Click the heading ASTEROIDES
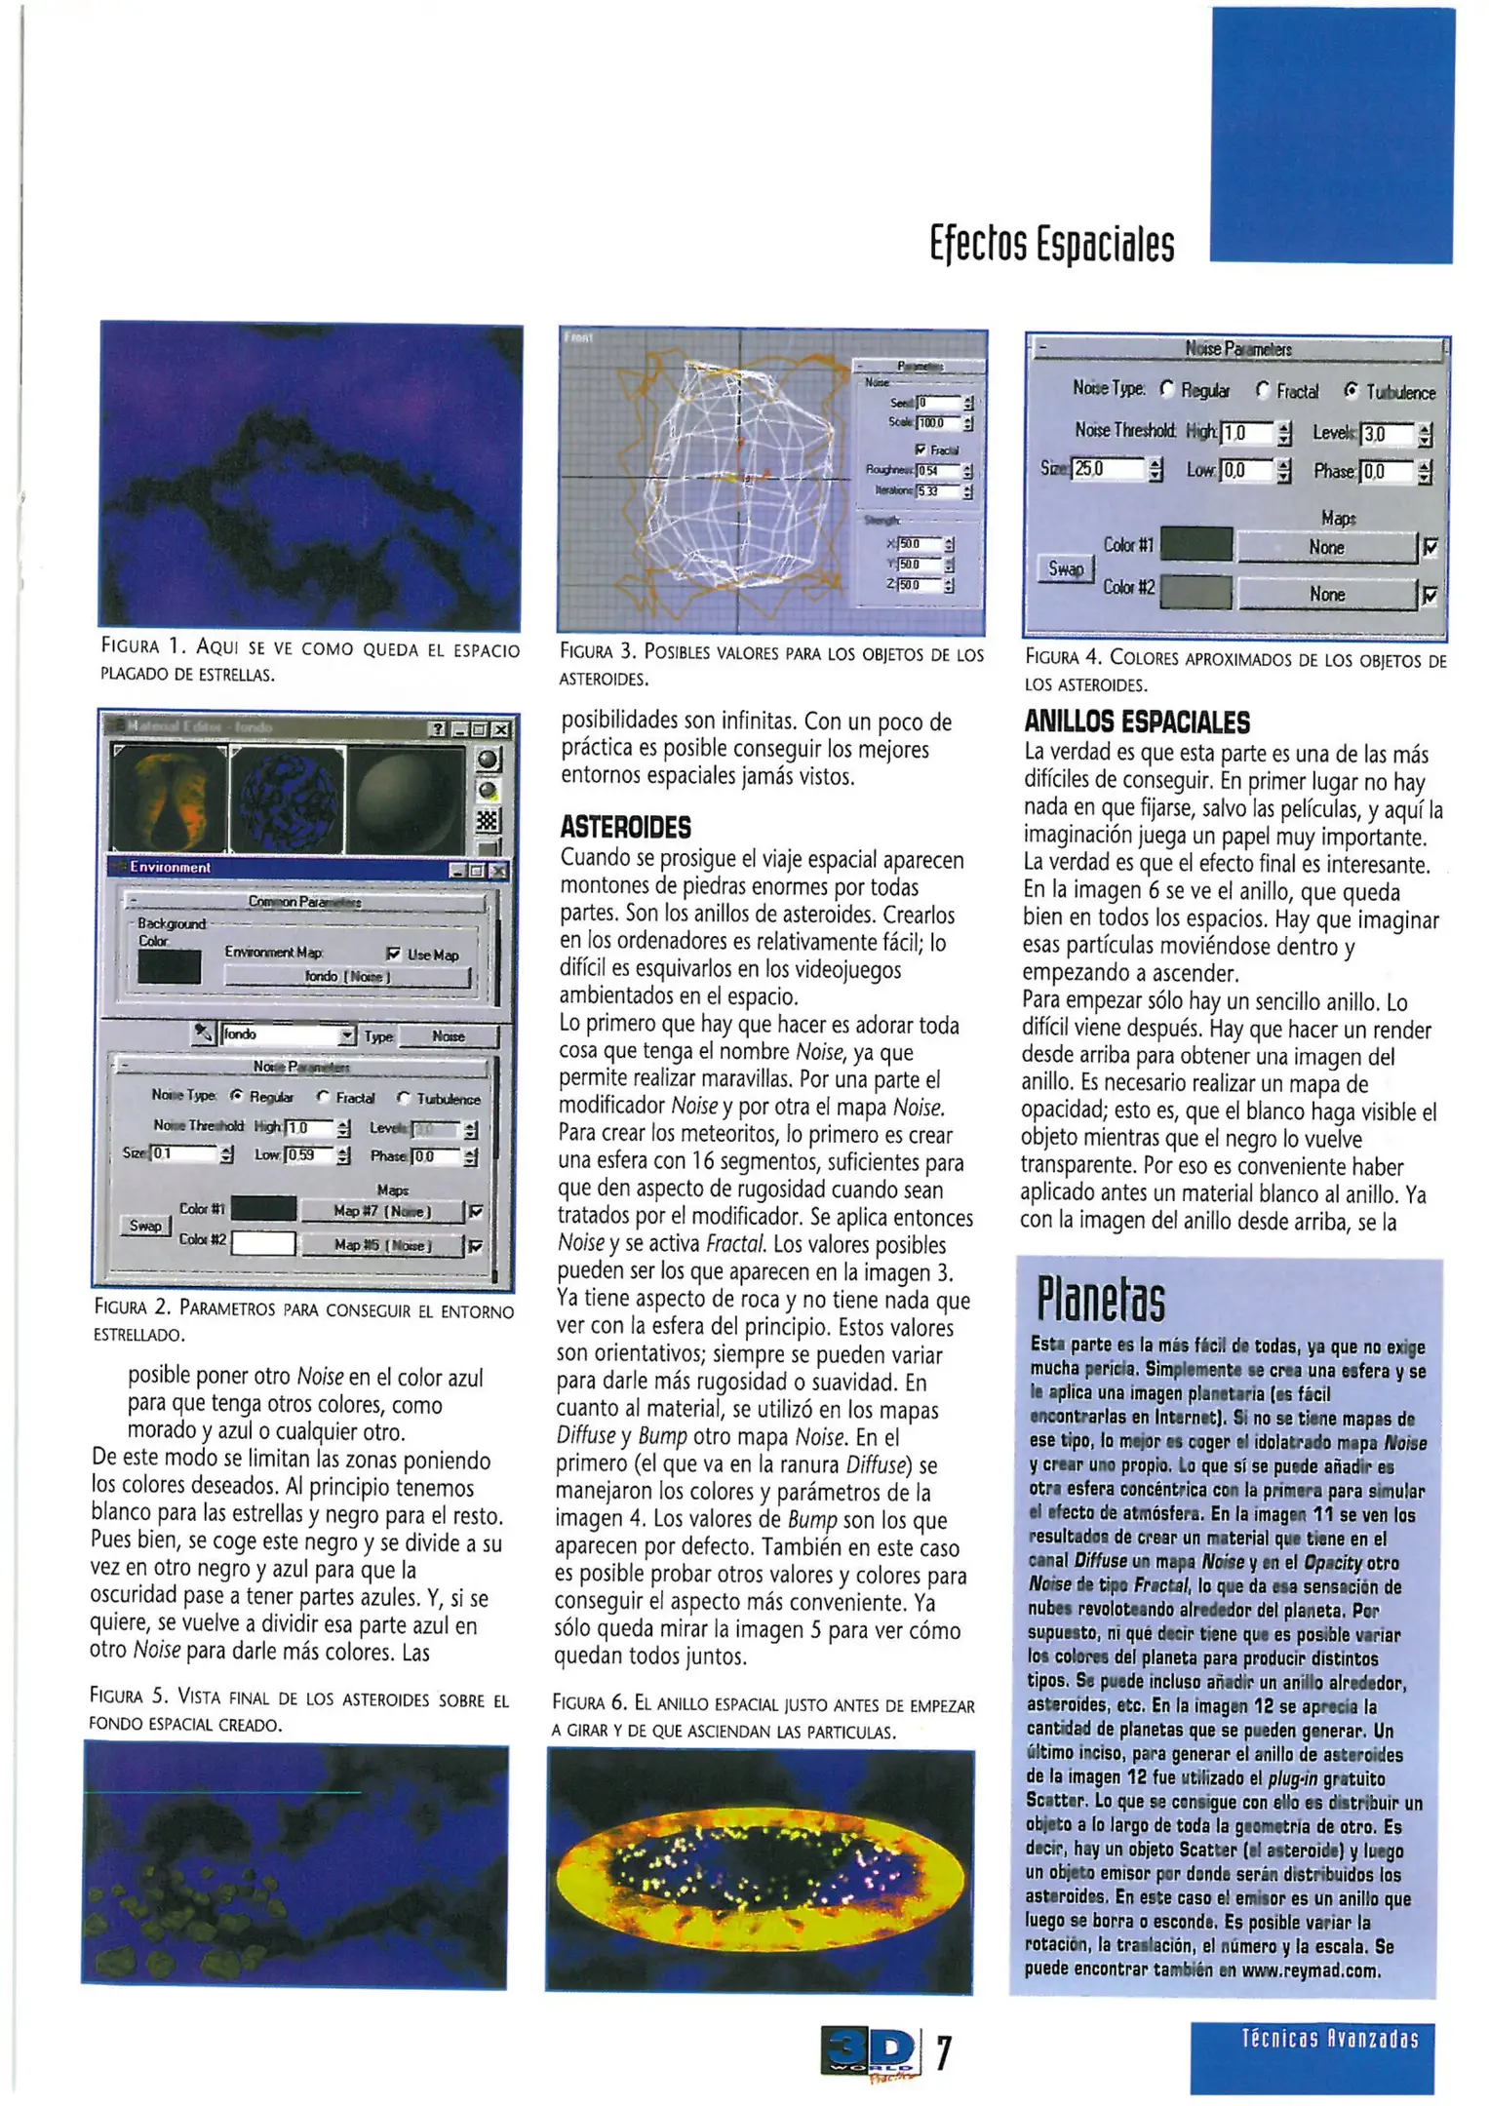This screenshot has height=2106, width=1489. point(625,828)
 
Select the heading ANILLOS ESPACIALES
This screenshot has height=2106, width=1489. point(1136,722)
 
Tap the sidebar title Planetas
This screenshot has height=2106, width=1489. point(1100,1299)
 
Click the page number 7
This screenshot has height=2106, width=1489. point(943,2051)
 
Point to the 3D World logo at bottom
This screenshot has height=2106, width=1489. point(870,2051)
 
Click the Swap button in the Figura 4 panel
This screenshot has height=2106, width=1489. point(1065,568)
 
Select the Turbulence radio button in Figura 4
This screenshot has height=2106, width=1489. point(1352,392)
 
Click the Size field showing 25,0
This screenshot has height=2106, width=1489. point(1106,470)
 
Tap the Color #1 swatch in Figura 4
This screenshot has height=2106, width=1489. point(1195,545)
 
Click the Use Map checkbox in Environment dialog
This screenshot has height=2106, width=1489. point(394,954)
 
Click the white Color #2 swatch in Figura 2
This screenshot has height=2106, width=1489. point(263,1243)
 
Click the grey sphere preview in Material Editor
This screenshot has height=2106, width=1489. point(404,799)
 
